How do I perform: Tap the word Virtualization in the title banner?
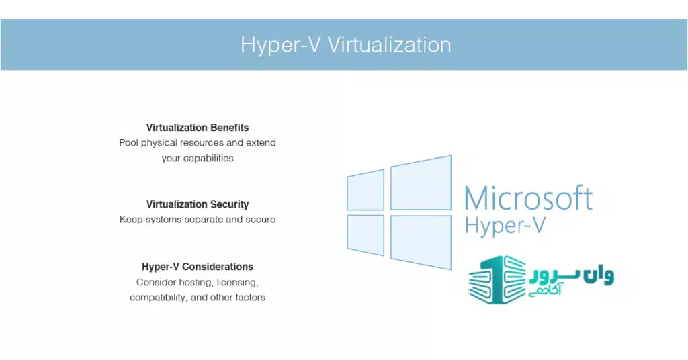pos(389,45)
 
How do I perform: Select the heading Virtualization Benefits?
pos(198,127)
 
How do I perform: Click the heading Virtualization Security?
pos(198,204)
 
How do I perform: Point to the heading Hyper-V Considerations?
pos(198,267)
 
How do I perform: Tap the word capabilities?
pos(207,159)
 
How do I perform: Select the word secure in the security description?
pos(260,220)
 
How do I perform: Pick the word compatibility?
pos(159,297)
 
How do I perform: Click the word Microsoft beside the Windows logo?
pos(528,198)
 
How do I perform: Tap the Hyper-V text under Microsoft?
pos(504,226)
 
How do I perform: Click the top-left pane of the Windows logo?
pos(365,189)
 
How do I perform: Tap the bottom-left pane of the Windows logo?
pos(365,235)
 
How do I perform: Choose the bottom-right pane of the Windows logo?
pos(421,241)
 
